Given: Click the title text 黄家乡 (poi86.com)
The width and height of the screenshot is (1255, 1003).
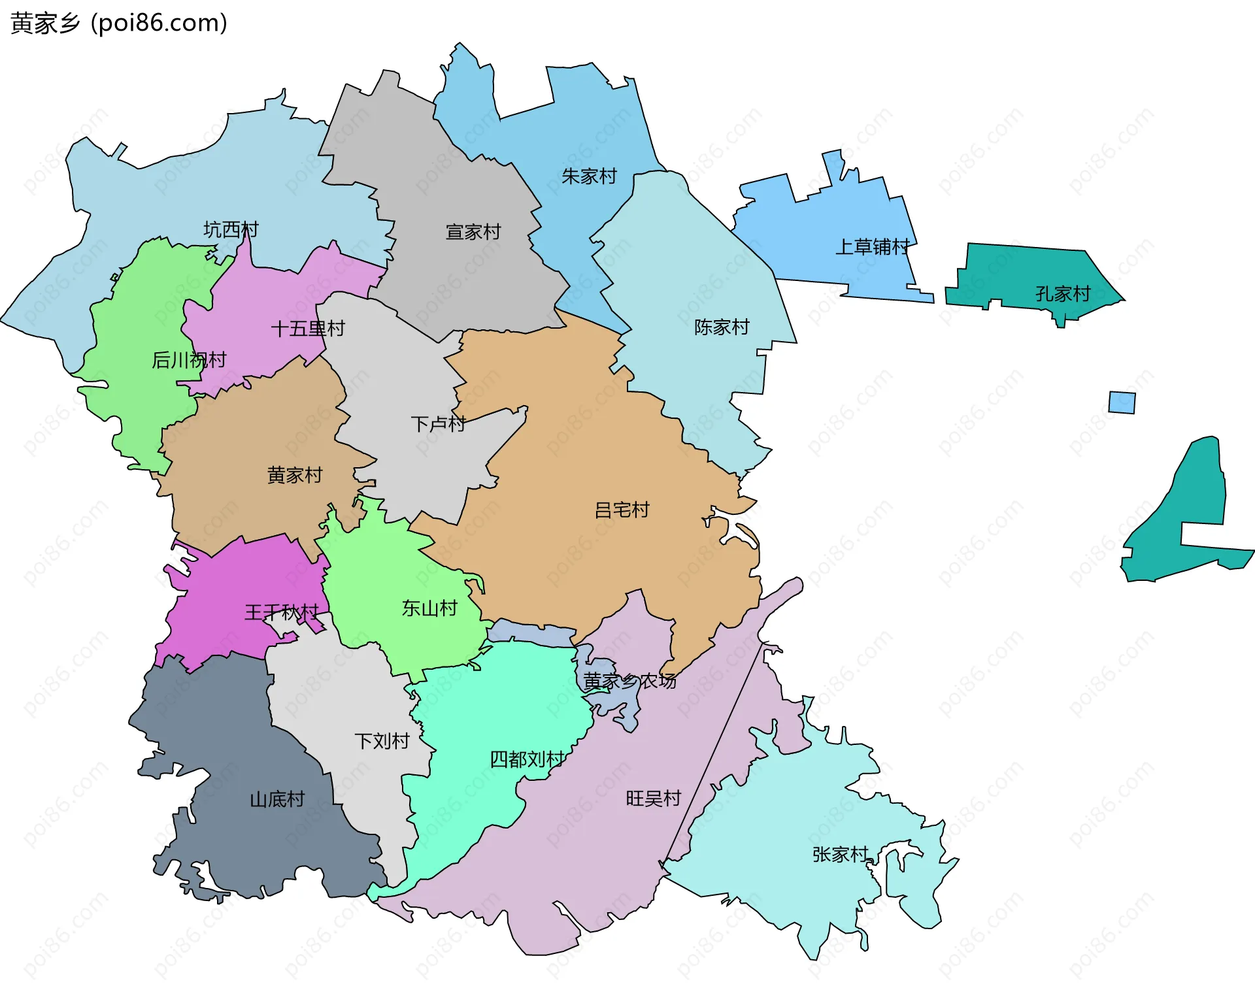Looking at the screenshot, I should (119, 23).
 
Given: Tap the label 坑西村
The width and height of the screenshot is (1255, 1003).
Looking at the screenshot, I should (231, 229).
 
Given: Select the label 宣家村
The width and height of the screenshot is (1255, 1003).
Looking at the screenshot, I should (473, 232).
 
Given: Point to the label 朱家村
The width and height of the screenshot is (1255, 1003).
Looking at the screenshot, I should (589, 176).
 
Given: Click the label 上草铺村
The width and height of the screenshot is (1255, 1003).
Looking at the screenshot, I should (873, 247).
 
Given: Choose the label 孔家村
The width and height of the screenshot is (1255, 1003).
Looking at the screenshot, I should (1063, 294).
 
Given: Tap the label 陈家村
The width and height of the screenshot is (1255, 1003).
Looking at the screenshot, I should (722, 327).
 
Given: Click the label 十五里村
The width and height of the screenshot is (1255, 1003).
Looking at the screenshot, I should (308, 329).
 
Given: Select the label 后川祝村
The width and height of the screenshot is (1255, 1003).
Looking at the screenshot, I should (189, 360).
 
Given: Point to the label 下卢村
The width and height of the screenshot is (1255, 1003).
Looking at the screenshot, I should (438, 424).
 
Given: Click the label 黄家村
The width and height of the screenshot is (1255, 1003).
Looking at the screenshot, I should (295, 475).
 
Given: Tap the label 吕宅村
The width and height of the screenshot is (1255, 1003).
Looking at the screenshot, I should (622, 510).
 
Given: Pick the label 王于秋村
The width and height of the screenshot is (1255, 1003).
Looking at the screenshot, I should (282, 612).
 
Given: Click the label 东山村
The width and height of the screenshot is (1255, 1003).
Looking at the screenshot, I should (429, 608).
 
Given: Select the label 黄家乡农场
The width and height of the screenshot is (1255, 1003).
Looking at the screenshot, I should (629, 682).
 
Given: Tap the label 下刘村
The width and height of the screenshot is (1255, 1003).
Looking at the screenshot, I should (382, 741).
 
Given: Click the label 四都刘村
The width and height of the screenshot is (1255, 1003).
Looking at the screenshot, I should (527, 759).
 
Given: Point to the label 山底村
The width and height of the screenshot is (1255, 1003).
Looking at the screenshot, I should (277, 799).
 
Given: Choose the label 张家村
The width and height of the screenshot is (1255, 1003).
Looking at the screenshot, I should (840, 855).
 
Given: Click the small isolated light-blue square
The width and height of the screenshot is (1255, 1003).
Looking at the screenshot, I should (1122, 403).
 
